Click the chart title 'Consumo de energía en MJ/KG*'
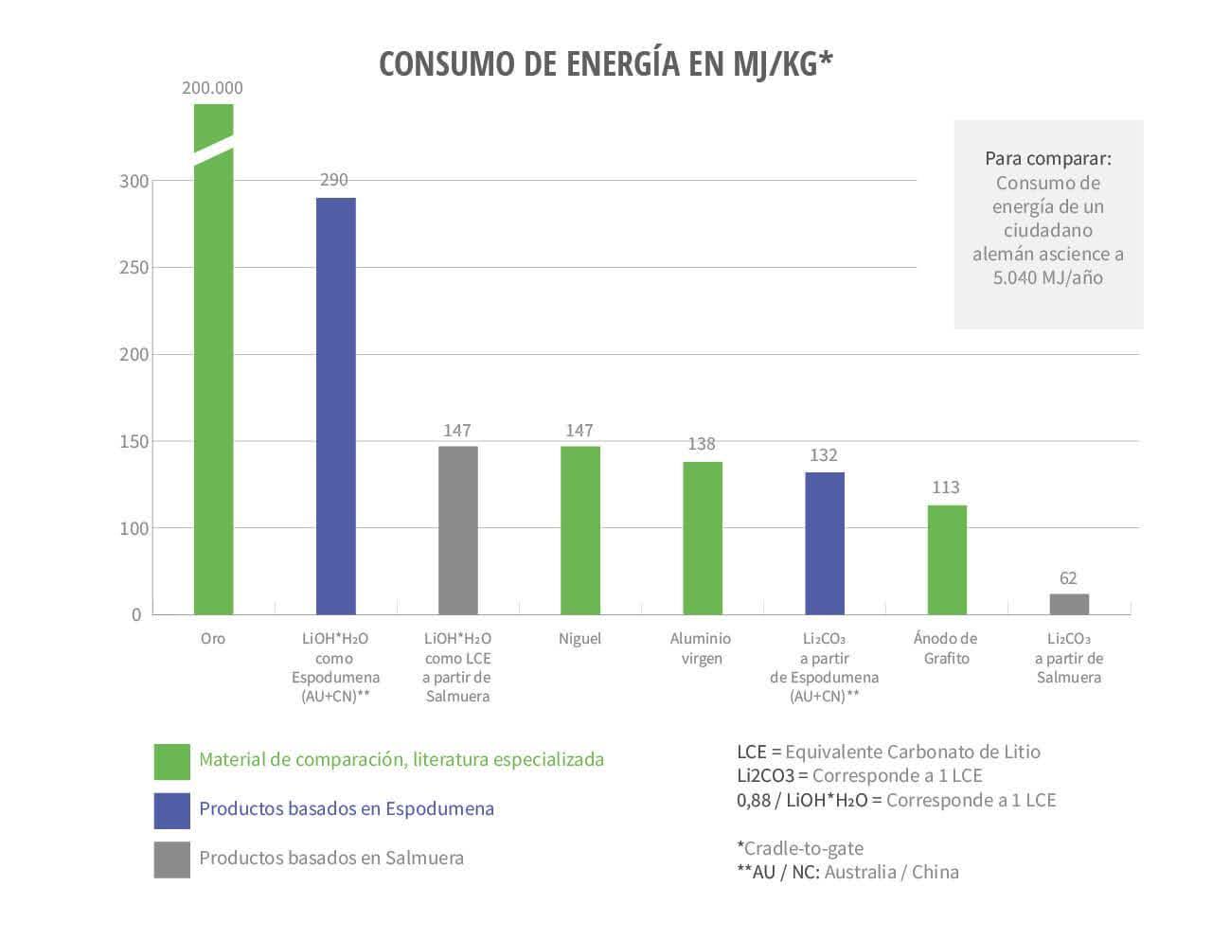[x=606, y=62]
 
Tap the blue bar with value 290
[x=335, y=407]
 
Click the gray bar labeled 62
[x=1069, y=604]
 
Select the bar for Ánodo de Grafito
[x=946, y=559]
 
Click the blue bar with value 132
[x=824, y=543]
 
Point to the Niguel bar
[x=579, y=530]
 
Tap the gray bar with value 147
[x=457, y=530]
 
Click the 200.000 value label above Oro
[x=212, y=88]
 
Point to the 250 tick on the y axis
[x=134, y=268]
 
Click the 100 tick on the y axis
[x=134, y=528]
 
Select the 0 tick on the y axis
[x=136, y=615]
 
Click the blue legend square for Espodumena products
[x=171, y=809]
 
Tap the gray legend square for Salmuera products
[x=171, y=859]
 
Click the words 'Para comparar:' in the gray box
[x=1047, y=158]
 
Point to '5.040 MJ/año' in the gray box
[x=1047, y=277]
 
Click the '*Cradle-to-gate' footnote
[x=800, y=848]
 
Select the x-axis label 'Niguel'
[x=579, y=639]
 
